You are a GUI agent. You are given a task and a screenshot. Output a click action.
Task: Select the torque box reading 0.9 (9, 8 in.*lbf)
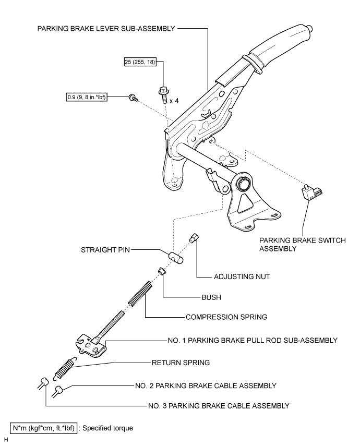[x=87, y=97]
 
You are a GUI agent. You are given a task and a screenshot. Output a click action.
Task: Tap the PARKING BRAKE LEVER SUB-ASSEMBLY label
[x=106, y=29]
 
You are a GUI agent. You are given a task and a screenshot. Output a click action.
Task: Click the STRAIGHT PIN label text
[x=105, y=250]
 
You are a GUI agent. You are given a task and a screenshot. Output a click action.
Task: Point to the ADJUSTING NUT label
[x=242, y=276]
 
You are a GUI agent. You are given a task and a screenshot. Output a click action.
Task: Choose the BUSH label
[x=211, y=297]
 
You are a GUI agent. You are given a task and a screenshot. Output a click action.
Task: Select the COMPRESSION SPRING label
[x=226, y=317]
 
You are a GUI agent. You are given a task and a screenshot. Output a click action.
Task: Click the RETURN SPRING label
[x=181, y=363]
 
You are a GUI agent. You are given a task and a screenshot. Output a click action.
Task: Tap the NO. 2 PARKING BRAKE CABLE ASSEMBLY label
[x=206, y=385]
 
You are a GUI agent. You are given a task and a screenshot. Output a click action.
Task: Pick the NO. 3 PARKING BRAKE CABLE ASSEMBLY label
[x=219, y=406]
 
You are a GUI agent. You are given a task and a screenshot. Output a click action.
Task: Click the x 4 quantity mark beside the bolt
[x=174, y=101]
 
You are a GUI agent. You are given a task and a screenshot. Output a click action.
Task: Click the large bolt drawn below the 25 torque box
[x=164, y=95]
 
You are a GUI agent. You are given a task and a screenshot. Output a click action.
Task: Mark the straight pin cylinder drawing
[x=176, y=257]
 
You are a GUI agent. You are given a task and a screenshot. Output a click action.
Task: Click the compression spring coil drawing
[x=140, y=294]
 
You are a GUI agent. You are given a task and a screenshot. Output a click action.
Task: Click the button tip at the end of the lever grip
[x=311, y=28]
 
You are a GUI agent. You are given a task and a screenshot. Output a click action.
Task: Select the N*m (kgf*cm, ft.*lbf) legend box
[x=43, y=428]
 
